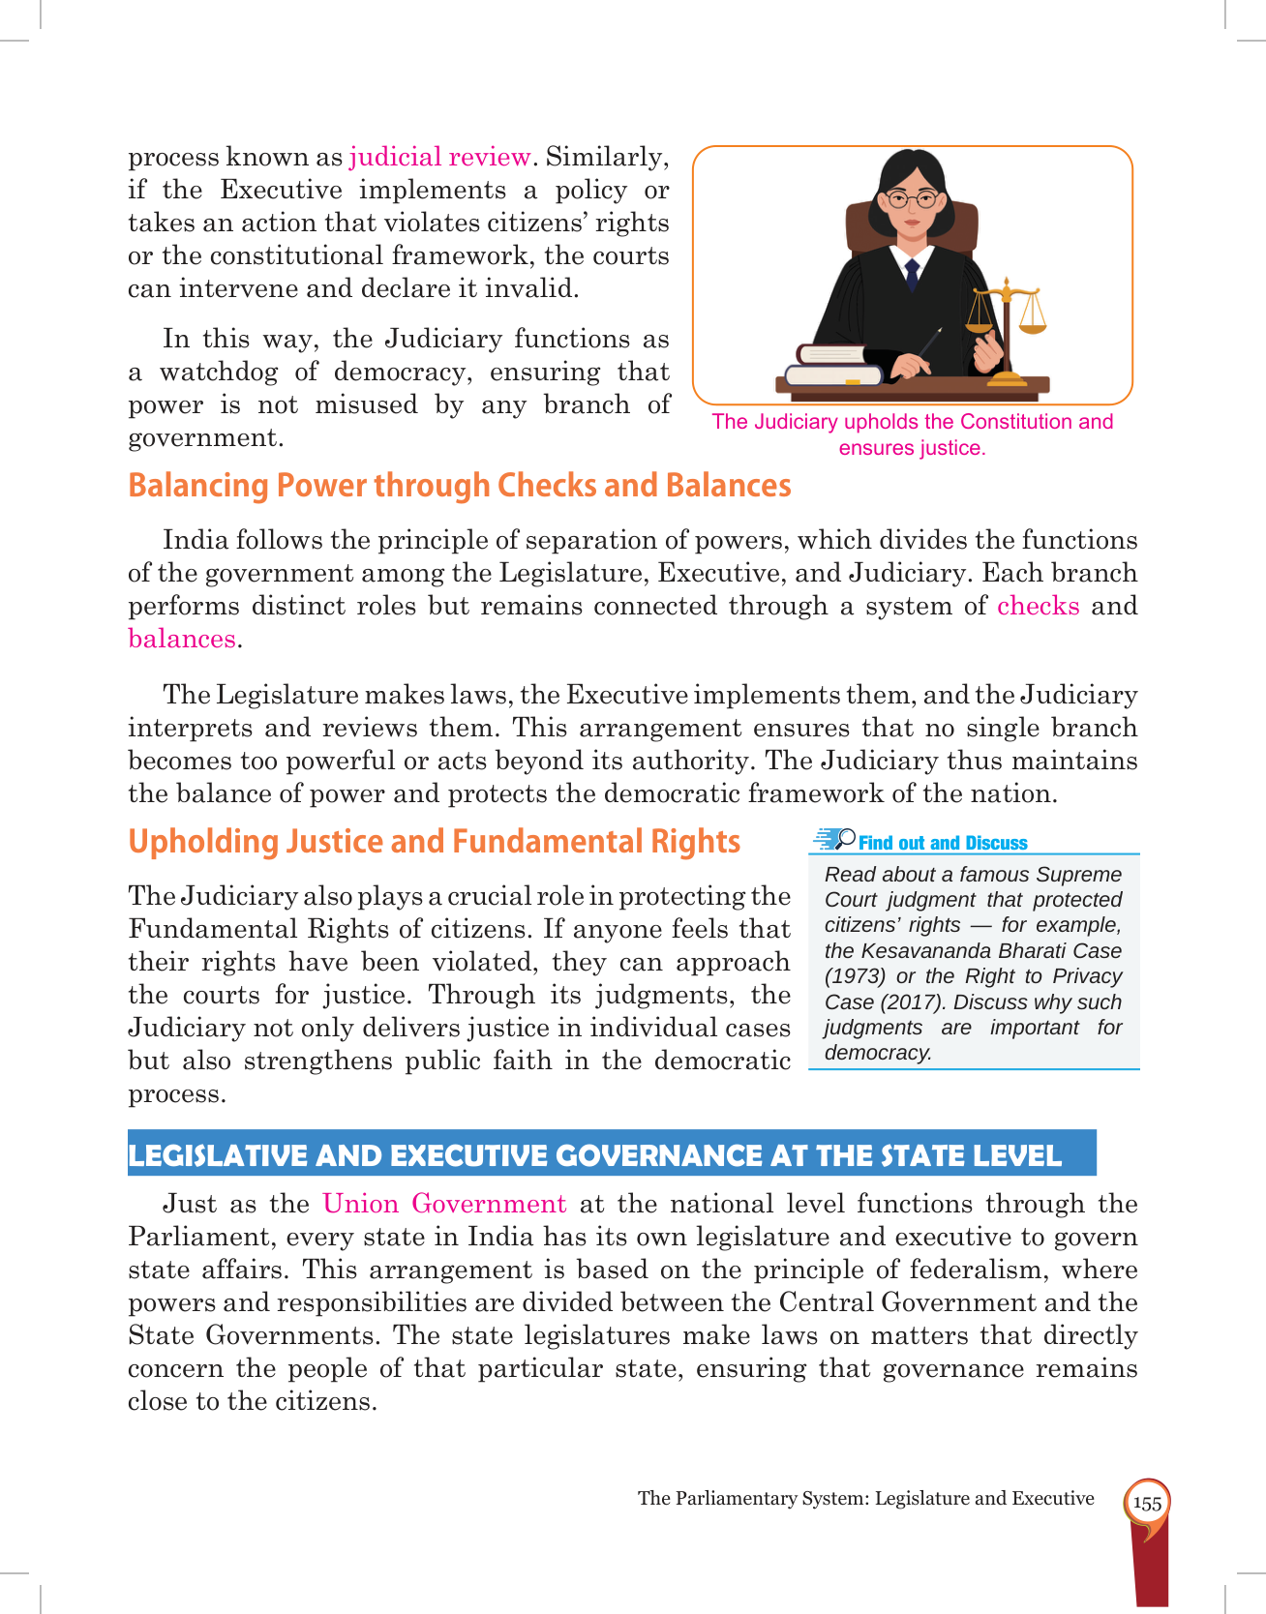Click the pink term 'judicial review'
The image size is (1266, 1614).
click(x=439, y=157)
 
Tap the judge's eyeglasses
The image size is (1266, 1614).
click(x=912, y=200)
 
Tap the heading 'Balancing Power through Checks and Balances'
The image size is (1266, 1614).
click(x=459, y=485)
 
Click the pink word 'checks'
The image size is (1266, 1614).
click(x=1038, y=606)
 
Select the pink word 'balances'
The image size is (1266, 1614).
click(x=182, y=639)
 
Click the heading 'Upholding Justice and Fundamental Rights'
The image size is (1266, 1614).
click(x=434, y=841)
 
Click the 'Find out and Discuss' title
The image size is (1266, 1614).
click(x=942, y=843)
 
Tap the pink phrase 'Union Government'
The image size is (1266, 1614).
click(x=444, y=1204)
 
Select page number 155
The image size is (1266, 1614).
click(x=1147, y=1504)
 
